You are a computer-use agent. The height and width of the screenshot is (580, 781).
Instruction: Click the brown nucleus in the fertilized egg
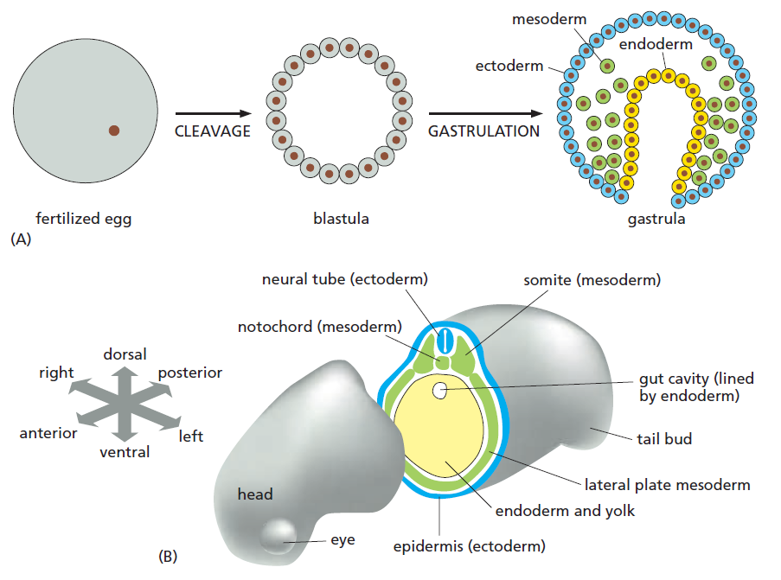click(x=114, y=131)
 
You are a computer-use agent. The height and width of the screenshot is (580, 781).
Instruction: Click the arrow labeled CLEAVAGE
click(x=213, y=113)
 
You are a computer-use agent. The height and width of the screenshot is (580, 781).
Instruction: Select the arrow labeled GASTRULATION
click(x=484, y=113)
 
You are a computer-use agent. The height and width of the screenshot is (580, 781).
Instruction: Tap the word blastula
click(x=341, y=219)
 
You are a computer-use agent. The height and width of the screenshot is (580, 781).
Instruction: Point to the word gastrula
click(x=656, y=219)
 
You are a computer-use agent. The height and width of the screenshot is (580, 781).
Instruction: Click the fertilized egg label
click(x=83, y=219)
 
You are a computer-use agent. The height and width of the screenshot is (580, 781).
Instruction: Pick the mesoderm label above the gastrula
click(x=549, y=18)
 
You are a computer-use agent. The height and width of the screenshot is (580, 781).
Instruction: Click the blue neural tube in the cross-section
click(x=445, y=340)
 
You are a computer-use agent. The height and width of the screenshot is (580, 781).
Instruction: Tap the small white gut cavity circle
click(x=440, y=392)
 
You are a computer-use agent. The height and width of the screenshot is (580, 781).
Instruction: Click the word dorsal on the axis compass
click(x=125, y=354)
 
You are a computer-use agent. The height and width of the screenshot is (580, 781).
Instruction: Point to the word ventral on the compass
click(x=125, y=451)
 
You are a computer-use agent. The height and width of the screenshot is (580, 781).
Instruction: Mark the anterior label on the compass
click(x=48, y=433)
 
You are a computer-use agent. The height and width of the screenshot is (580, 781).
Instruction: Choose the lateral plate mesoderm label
click(x=667, y=485)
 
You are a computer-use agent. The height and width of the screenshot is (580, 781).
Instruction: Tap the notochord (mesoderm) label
click(x=320, y=327)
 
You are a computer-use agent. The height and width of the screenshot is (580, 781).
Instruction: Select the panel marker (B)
click(x=168, y=557)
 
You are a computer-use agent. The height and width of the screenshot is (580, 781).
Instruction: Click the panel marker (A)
click(x=20, y=240)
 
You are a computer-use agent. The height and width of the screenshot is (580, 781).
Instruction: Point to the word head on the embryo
click(x=255, y=494)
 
